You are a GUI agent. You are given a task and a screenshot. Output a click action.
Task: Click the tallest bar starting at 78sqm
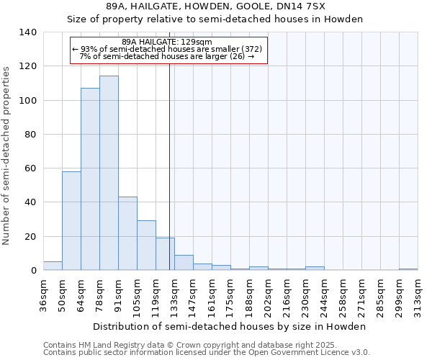click(x=109, y=173)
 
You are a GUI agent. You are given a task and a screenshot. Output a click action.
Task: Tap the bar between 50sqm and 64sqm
click(x=71, y=220)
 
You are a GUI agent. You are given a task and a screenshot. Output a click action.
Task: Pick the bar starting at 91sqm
click(x=127, y=233)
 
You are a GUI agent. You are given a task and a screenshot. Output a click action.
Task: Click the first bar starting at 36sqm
click(x=53, y=266)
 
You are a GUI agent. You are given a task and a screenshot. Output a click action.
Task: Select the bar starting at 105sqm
click(x=146, y=246)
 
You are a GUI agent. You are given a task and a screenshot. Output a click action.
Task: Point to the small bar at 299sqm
click(x=408, y=269)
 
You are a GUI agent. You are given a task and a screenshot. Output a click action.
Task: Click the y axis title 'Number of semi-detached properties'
click(x=7, y=155)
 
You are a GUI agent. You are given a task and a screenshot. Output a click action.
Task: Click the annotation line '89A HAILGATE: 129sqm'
click(x=167, y=42)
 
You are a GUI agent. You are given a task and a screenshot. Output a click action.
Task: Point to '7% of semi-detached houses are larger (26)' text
click(x=167, y=56)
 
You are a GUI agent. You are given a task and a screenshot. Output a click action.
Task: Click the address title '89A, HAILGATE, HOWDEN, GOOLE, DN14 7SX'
click(x=215, y=6)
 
